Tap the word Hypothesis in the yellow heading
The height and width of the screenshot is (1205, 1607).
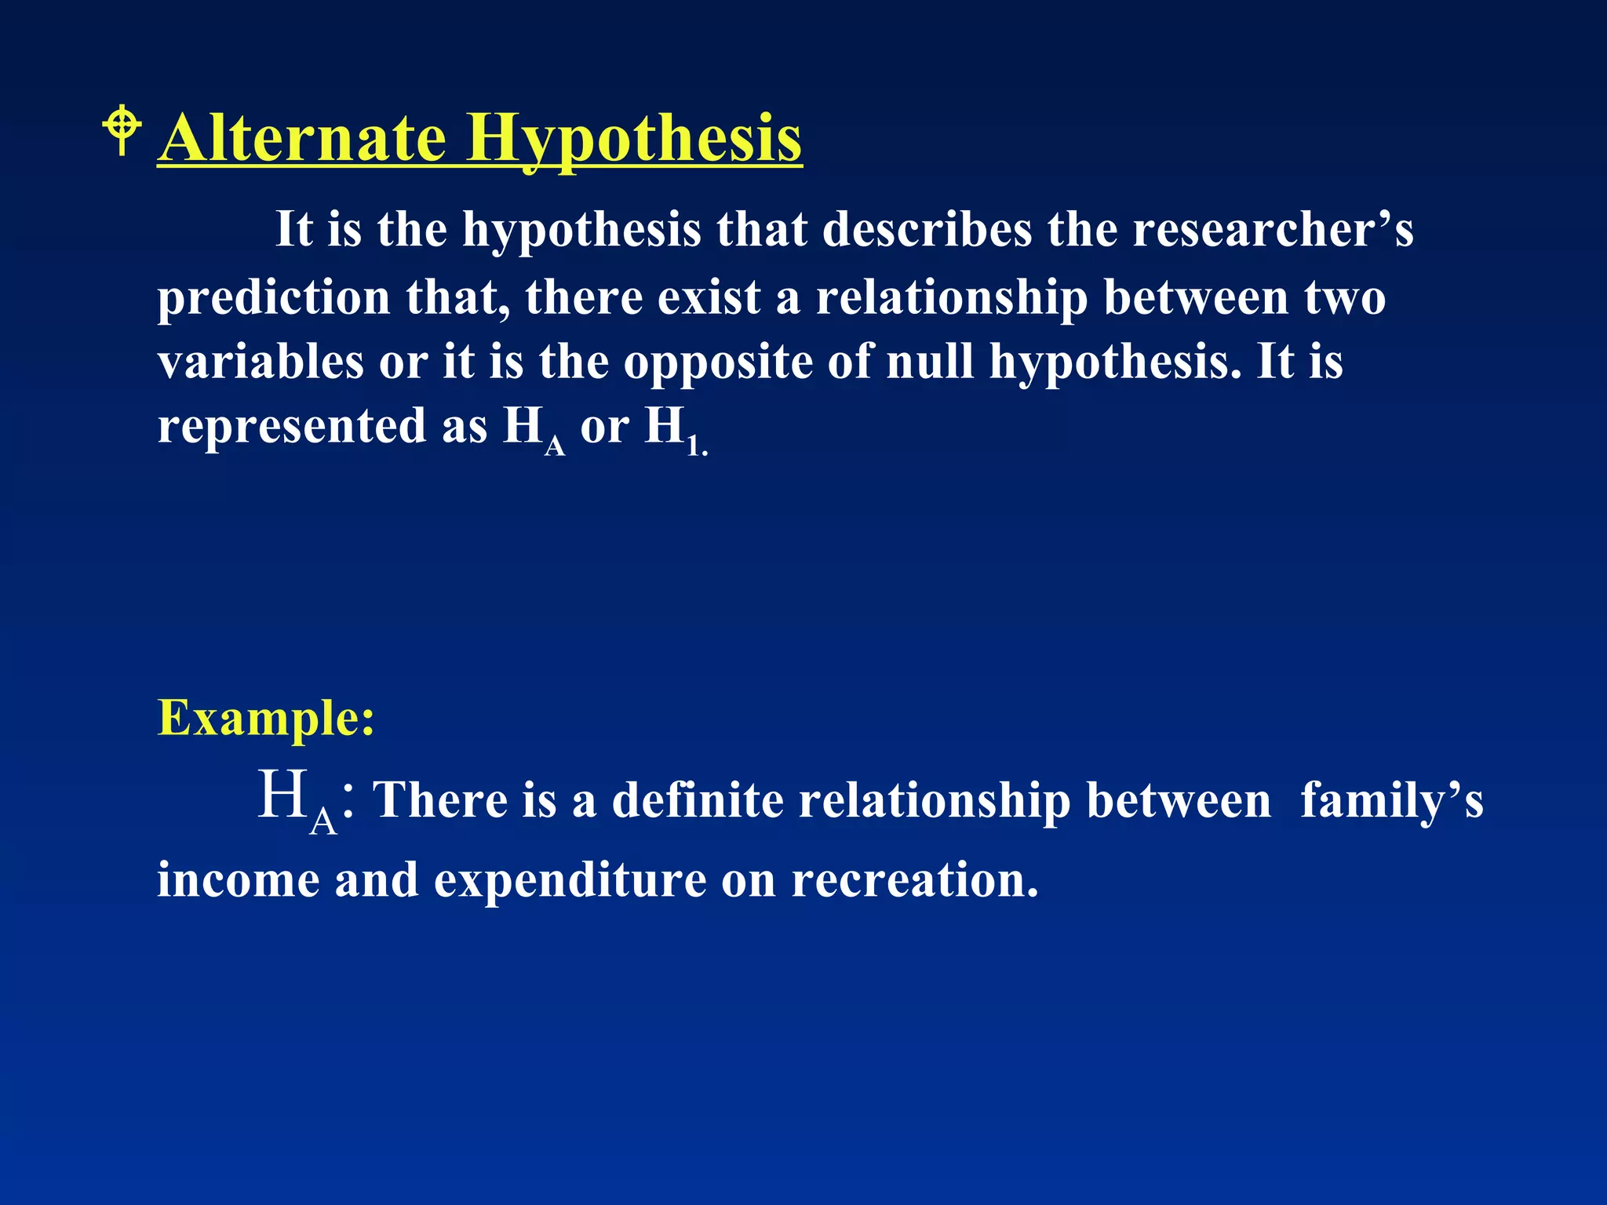click(634, 139)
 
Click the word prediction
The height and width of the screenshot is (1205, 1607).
click(274, 298)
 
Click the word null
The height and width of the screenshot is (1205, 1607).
click(930, 362)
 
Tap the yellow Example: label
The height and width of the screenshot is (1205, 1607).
click(266, 718)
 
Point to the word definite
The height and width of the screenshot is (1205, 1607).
click(698, 801)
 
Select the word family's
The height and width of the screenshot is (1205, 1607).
click(1391, 801)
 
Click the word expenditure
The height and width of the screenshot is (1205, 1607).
click(570, 881)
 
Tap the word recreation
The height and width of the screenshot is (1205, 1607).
click(915, 879)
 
